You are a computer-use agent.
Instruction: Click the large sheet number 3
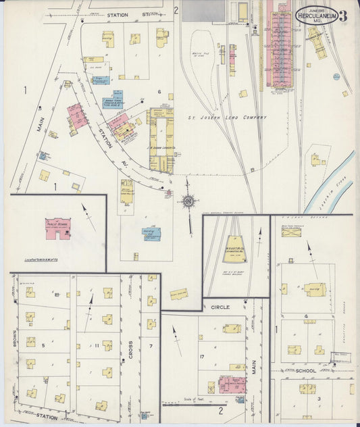(343, 16)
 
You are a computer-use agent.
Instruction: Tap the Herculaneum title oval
(315, 15)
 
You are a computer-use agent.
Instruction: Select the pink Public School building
(58, 228)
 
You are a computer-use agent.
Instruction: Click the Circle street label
(220, 307)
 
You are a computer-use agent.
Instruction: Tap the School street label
(305, 371)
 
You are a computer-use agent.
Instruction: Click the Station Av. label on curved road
(108, 139)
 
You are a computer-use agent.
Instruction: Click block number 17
(201, 356)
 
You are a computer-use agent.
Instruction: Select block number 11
(97, 346)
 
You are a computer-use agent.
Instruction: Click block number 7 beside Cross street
(151, 347)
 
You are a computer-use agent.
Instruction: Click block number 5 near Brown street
(43, 345)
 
